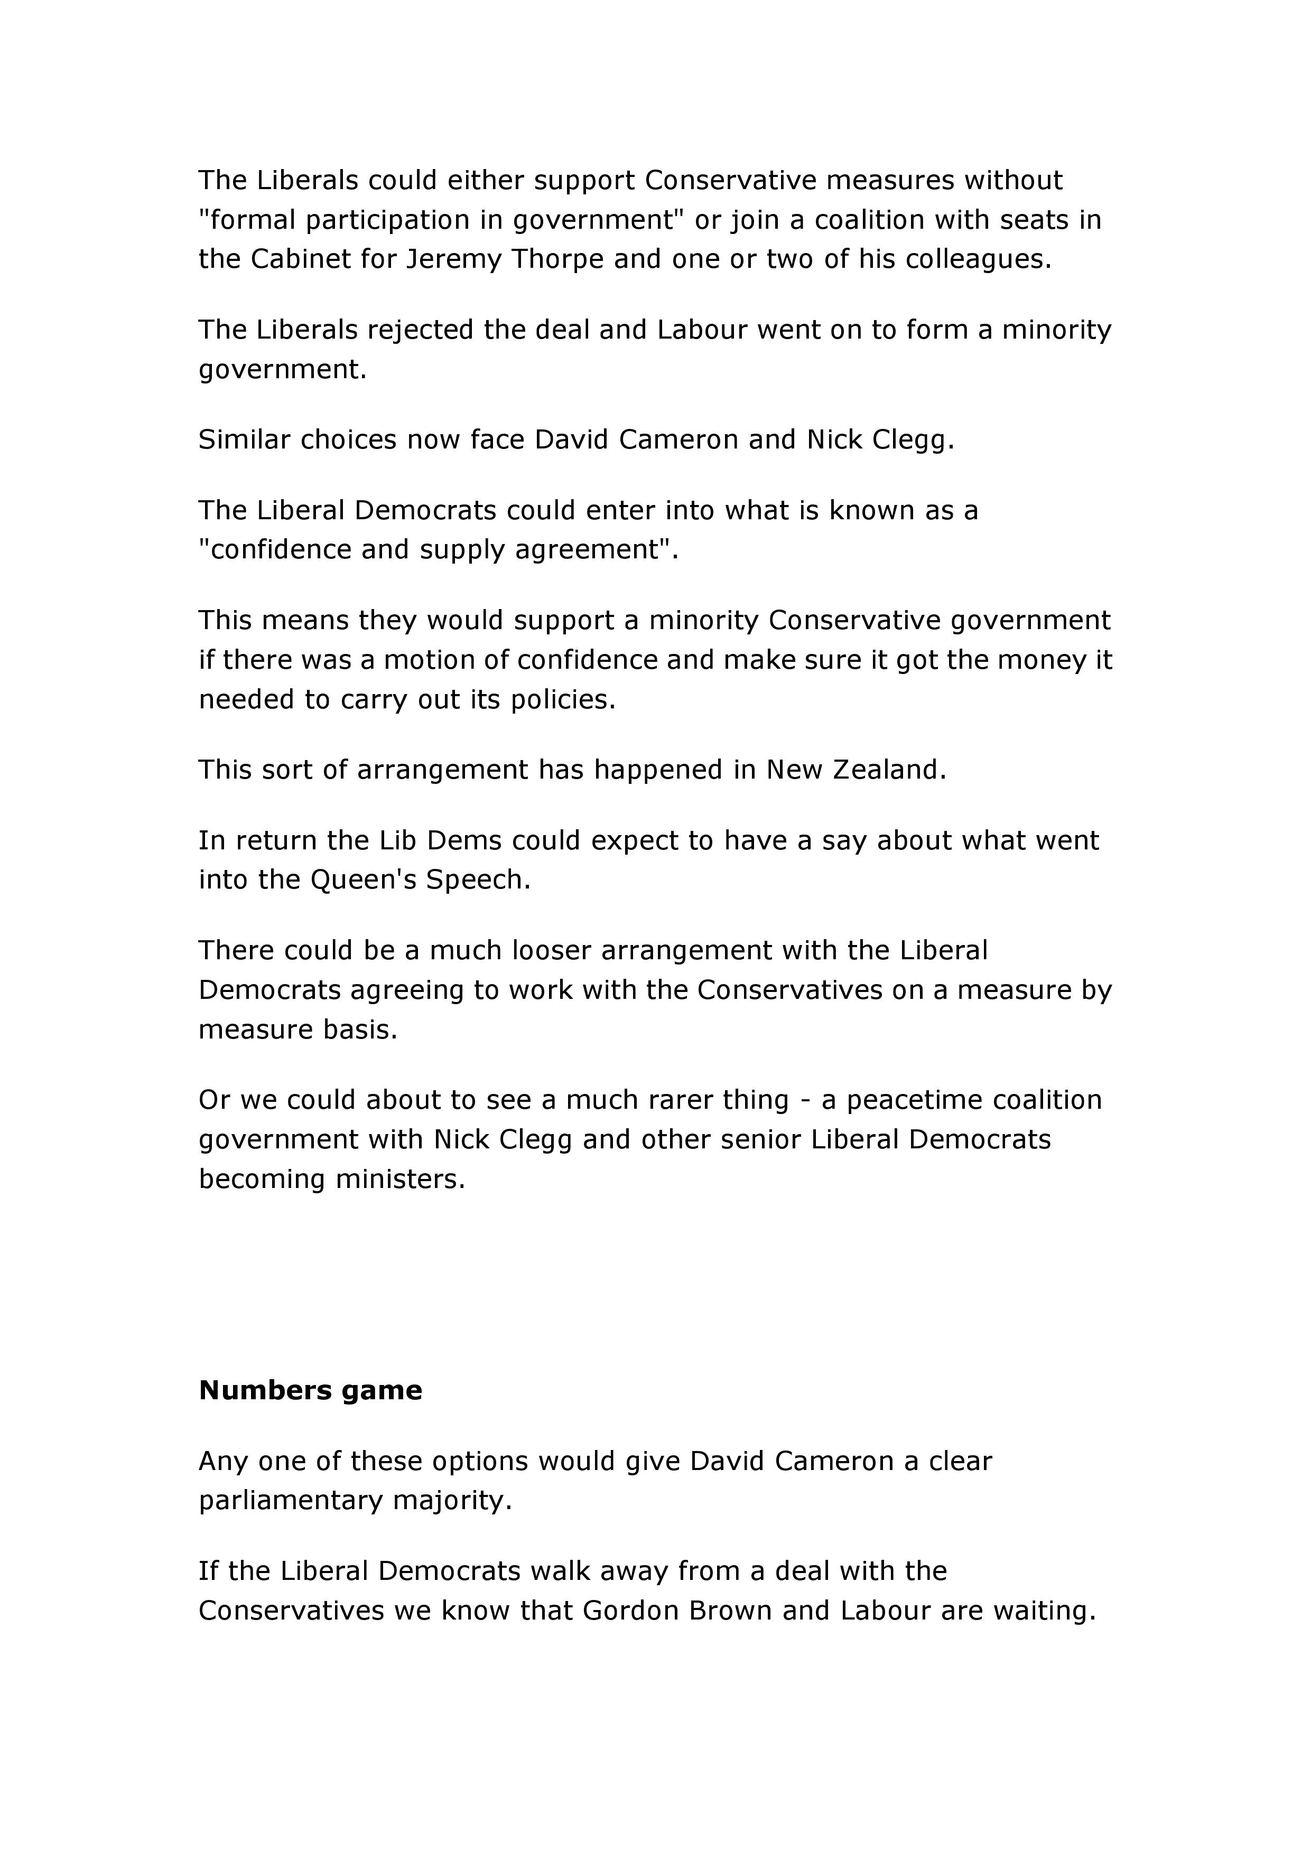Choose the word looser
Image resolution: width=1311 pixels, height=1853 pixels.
(x=551, y=951)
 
